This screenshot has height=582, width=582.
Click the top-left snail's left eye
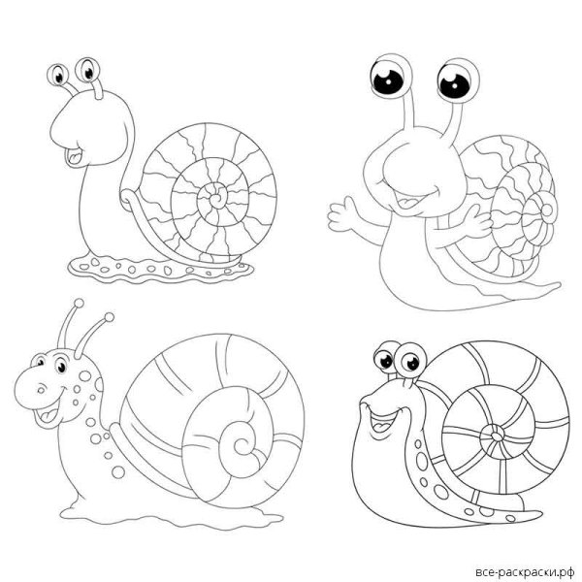tap(58, 75)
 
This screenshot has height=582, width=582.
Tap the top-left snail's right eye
tap(88, 70)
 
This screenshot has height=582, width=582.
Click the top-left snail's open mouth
tap(75, 156)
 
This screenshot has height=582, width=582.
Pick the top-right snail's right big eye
tap(457, 81)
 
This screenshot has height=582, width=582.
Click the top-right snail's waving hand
tap(343, 214)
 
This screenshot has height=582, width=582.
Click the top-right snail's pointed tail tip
tap(558, 285)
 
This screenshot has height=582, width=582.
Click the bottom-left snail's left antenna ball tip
tap(79, 303)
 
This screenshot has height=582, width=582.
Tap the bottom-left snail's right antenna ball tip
tap(109, 317)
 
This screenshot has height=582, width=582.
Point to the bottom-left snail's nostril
tap(41, 390)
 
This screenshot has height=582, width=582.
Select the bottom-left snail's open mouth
tap(48, 414)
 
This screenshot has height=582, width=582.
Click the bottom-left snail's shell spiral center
tap(242, 444)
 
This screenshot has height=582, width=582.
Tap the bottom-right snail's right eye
tap(410, 361)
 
